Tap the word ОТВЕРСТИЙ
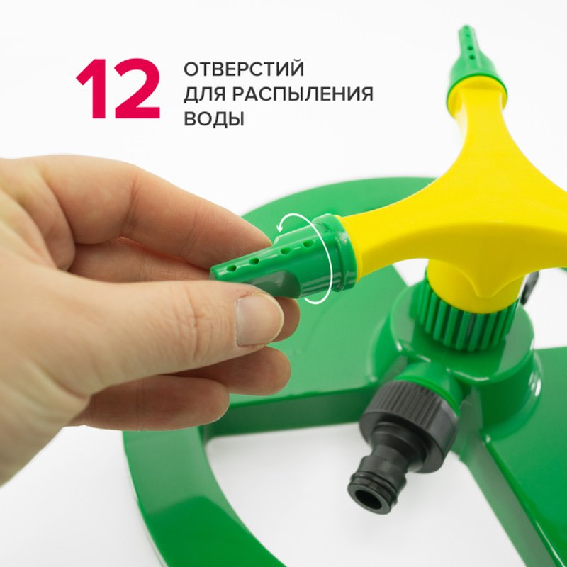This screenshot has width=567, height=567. tap(244, 70)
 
